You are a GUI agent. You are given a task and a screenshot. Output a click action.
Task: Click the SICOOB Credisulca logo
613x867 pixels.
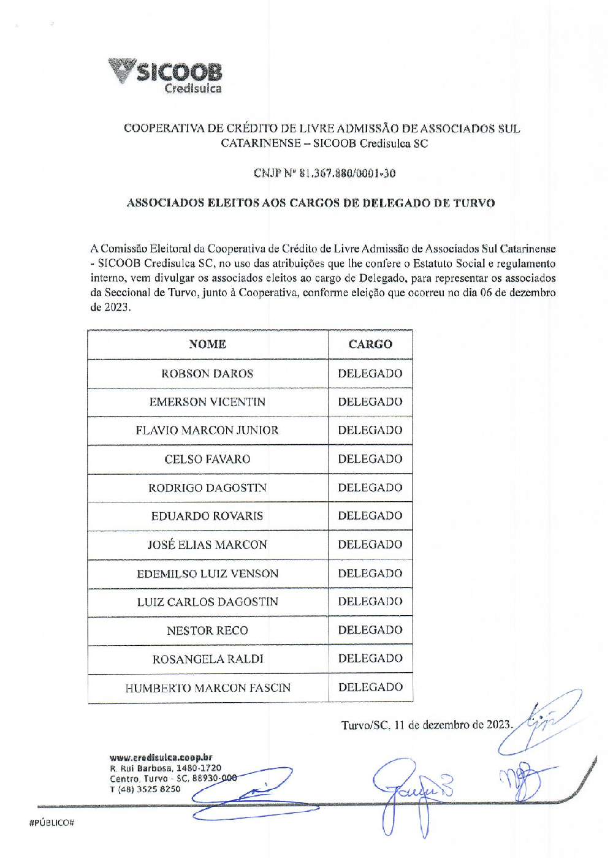(166, 76)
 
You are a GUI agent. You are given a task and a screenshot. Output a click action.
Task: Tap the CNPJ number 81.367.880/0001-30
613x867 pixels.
(347, 173)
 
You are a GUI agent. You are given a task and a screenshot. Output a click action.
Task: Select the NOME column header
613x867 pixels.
(207, 344)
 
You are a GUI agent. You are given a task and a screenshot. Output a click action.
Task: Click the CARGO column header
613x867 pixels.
(370, 344)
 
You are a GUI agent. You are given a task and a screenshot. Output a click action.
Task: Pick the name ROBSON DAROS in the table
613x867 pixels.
(207, 374)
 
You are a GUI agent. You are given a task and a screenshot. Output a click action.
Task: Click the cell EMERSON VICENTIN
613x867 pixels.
(207, 402)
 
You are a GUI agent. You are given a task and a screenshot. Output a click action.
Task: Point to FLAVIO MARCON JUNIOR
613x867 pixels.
(207, 431)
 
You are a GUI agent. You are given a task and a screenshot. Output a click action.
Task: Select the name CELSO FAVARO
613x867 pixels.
(207, 460)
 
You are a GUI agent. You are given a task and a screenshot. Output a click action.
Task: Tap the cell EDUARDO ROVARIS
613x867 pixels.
(207, 517)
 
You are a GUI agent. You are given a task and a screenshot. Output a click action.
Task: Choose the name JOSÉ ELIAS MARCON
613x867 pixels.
(207, 545)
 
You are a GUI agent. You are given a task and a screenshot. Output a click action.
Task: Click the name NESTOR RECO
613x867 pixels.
(207, 631)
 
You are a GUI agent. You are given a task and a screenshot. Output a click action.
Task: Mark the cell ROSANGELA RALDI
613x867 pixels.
(207, 659)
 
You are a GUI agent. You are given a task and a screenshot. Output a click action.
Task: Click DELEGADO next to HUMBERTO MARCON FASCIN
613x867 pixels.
(370, 687)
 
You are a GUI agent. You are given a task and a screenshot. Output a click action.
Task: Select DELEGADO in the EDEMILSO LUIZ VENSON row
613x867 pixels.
(370, 574)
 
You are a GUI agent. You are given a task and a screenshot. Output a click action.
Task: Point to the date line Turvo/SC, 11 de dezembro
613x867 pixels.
(426, 725)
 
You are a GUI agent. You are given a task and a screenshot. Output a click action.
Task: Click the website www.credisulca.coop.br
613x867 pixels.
(161, 757)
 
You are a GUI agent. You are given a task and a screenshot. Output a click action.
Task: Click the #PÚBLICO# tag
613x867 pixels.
(51, 823)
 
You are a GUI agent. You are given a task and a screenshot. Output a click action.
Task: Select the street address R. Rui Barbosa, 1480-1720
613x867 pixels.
(166, 768)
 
